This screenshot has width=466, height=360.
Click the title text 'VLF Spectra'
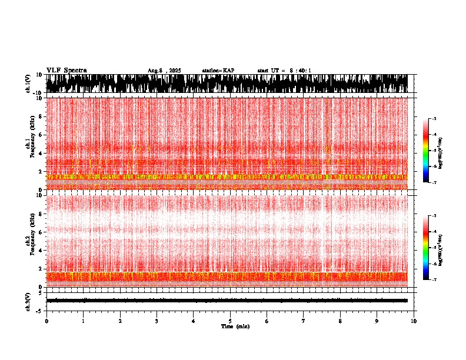[x=66, y=70]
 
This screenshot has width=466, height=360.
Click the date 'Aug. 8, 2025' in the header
[x=164, y=71]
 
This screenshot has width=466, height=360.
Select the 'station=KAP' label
[x=218, y=71]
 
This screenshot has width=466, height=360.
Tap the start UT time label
[x=284, y=71]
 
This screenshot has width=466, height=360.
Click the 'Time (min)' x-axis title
[x=235, y=326]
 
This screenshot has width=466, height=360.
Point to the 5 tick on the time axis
[x=230, y=321]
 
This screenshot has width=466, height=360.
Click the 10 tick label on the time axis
[x=414, y=321]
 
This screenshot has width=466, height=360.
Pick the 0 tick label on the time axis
[x=46, y=321]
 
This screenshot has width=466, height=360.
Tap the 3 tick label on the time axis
[x=157, y=321]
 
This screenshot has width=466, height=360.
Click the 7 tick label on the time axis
[x=304, y=321]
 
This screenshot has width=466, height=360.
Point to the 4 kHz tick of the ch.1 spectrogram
[x=42, y=153]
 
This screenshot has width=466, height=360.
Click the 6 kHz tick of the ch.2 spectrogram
[x=42, y=232]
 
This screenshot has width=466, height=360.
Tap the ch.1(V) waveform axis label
[x=28, y=84]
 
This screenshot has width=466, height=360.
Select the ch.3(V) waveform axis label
[x=28, y=300]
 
